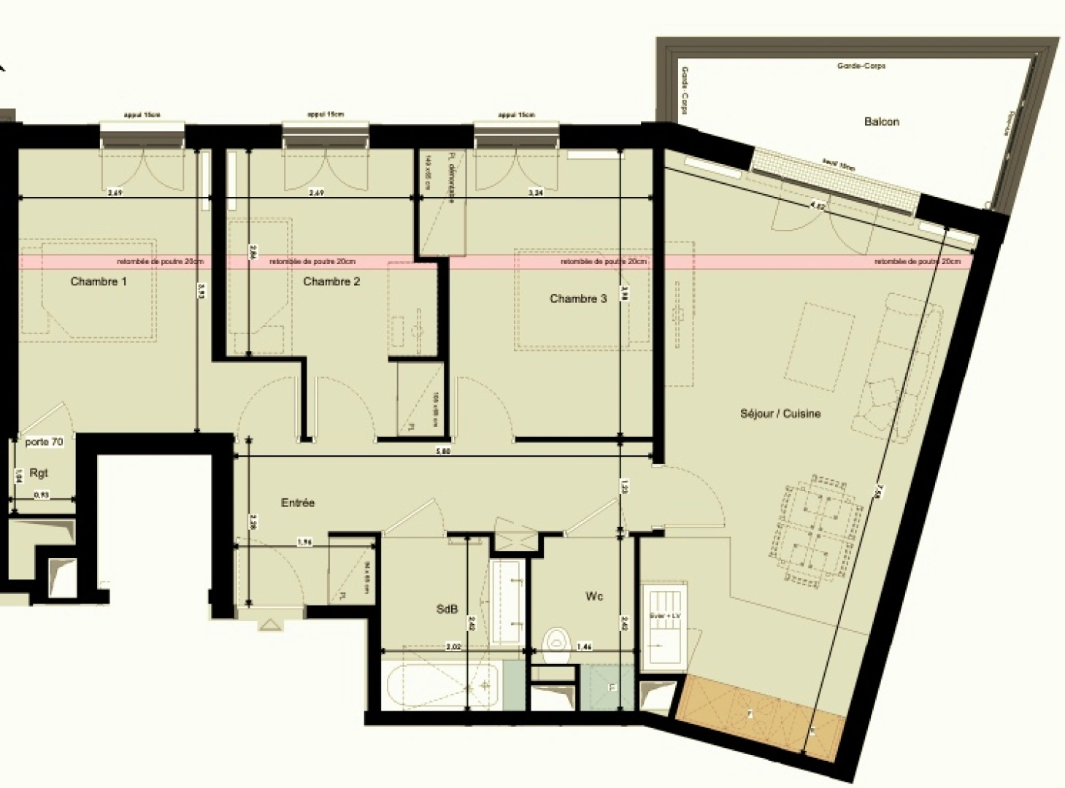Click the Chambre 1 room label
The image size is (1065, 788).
click(x=99, y=282)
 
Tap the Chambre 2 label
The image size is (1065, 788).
click(x=331, y=282)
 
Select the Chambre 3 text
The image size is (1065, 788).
click(x=578, y=298)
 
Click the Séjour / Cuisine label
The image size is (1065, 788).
click(x=780, y=414)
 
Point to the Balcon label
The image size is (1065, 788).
click(x=881, y=122)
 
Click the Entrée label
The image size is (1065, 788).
click(x=298, y=503)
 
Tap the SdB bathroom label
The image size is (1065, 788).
click(x=447, y=609)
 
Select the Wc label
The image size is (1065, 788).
click(x=594, y=597)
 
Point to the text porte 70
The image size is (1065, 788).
click(x=44, y=442)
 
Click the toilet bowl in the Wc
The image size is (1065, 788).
click(x=558, y=641)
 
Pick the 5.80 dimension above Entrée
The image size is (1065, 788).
click(x=443, y=452)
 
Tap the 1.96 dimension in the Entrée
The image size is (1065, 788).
click(x=305, y=542)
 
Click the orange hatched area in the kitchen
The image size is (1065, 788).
click(x=759, y=716)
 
